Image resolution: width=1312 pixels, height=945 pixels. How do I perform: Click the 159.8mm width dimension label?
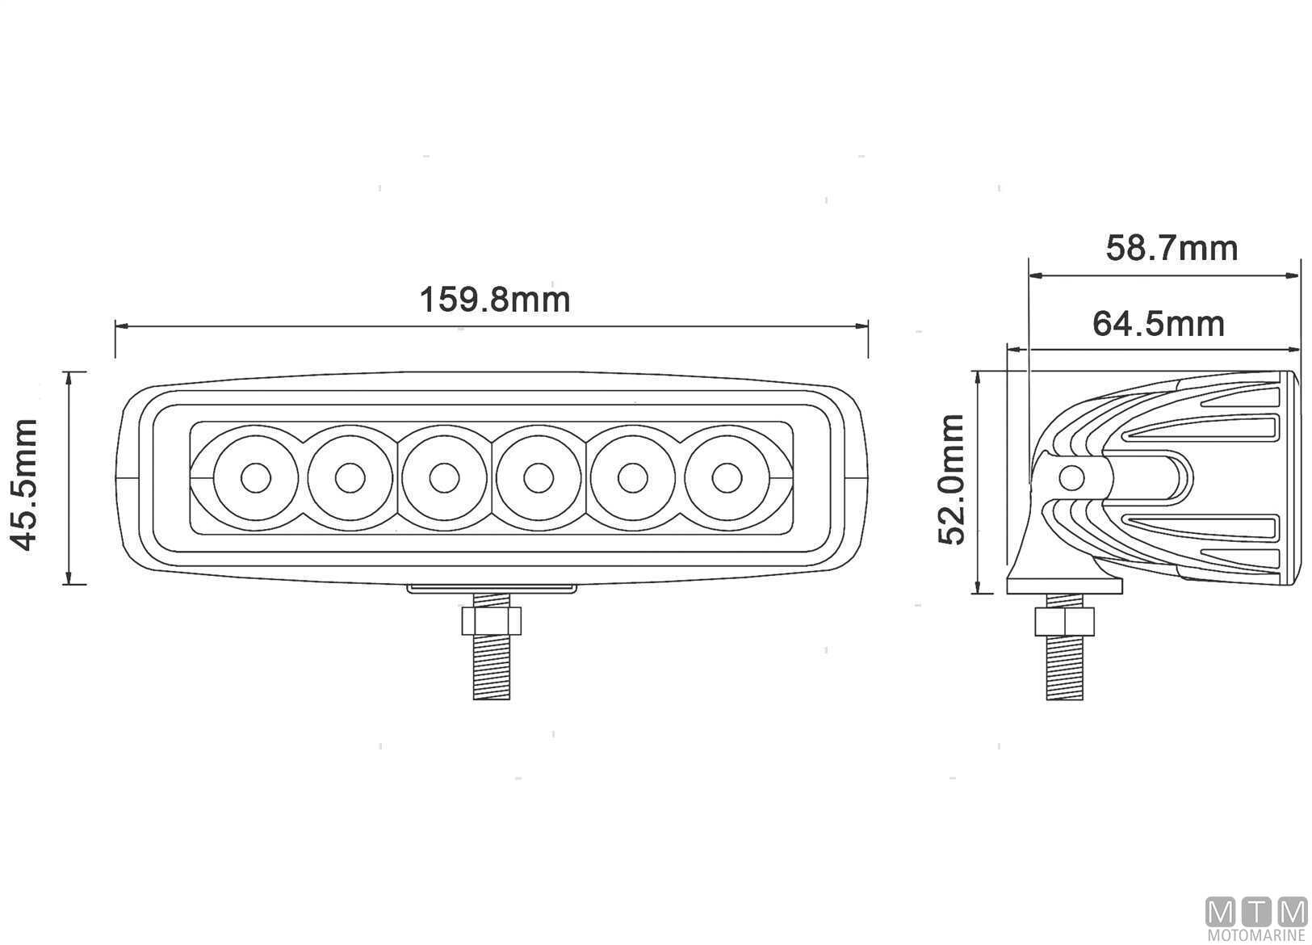tap(495, 300)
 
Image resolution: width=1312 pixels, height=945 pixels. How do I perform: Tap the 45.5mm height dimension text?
tap(26, 485)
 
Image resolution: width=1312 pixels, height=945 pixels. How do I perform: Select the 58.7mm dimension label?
tap(1172, 249)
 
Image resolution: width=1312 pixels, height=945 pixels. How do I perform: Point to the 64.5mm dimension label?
tap(1159, 324)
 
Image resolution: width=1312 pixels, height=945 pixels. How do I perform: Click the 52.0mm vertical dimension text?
tap(951, 480)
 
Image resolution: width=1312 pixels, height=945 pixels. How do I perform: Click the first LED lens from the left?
tap(255, 478)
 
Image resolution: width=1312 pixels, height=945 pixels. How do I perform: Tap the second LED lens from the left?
tap(350, 478)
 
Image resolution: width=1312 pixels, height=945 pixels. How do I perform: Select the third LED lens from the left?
tap(444, 478)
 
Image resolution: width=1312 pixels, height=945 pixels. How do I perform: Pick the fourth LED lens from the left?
tap(539, 478)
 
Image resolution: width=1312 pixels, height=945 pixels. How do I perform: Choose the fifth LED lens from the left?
tap(632, 478)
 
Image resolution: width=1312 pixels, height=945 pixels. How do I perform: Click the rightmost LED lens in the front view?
tap(727, 478)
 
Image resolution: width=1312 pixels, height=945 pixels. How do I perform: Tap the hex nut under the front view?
tap(491, 621)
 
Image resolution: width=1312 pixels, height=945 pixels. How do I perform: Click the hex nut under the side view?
tap(1064, 622)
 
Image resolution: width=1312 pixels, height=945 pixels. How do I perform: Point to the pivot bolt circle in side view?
tap(1071, 478)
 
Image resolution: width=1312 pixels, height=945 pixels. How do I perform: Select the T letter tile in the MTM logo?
tap(1255, 912)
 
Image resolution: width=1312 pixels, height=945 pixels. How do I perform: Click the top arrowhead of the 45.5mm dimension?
tap(69, 379)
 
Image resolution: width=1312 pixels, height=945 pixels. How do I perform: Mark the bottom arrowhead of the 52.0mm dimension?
tap(977, 586)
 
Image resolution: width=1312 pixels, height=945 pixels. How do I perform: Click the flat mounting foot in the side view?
tap(1064, 586)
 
